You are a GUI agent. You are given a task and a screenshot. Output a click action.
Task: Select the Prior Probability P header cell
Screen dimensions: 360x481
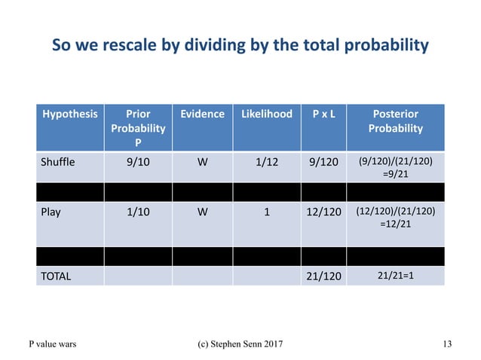tap(139, 127)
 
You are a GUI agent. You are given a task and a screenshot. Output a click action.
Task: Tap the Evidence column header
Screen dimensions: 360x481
tap(202, 114)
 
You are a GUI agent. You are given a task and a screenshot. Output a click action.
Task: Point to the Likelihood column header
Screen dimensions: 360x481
tap(266, 114)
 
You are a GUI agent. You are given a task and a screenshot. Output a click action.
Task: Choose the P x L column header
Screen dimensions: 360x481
tap(324, 114)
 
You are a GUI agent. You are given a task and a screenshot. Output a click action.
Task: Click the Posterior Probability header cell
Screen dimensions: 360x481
tap(396, 121)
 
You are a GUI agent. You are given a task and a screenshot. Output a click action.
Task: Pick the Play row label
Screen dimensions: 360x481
tap(51, 212)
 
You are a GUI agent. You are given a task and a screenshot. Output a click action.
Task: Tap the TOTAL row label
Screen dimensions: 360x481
tap(56, 276)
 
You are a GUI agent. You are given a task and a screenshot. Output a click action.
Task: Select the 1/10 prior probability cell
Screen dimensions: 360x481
tap(139, 212)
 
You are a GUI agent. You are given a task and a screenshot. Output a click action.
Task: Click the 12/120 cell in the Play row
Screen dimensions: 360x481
tap(324, 212)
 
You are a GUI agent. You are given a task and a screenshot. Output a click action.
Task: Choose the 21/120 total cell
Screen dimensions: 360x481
tap(324, 276)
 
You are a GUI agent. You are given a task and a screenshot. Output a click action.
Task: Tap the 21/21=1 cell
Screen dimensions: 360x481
tap(396, 276)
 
